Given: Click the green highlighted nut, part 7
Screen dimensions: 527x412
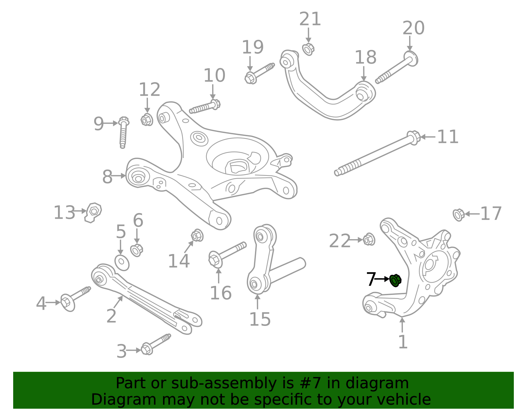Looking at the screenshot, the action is [395, 280].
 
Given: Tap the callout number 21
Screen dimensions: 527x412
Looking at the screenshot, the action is [310, 19].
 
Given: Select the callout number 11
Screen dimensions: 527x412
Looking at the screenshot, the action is [448, 137].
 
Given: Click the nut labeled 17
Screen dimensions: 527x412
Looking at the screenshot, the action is [458, 215].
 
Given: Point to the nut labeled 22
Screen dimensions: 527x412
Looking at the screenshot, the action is [369, 239].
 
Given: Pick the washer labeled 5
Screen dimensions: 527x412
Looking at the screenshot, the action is [122, 262].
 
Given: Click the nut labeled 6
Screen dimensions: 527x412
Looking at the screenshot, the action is [136, 250].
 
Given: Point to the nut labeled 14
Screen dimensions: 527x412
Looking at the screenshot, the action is [197, 236].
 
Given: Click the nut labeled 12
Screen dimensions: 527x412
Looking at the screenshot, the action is [147, 120].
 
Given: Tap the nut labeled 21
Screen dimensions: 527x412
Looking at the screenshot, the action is [308, 49].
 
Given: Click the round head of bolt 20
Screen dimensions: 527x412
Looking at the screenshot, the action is [411, 59].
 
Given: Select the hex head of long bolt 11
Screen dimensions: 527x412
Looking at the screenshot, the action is [413, 137].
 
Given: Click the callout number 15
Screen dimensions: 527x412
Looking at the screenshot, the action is [260, 319].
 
